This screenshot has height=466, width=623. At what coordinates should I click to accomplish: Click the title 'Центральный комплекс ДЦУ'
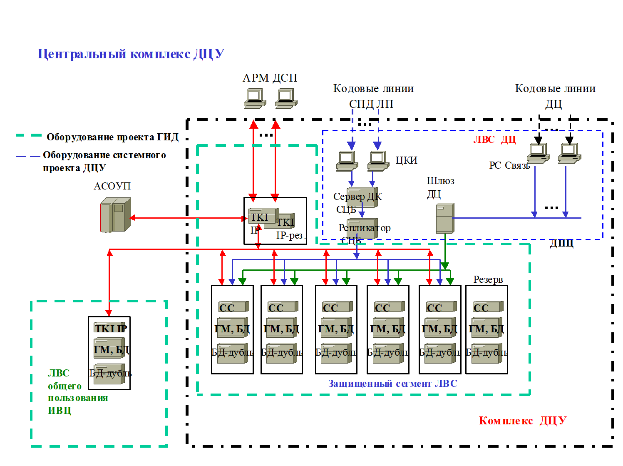click(x=131, y=54)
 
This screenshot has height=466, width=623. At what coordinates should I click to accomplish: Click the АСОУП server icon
click(x=115, y=215)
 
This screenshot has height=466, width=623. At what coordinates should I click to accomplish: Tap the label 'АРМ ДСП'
click(x=270, y=78)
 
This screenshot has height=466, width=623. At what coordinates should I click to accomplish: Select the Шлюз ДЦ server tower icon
click(x=445, y=218)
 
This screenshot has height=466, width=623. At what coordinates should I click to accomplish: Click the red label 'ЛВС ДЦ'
click(x=494, y=140)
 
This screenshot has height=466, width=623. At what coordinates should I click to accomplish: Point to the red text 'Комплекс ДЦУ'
click(x=522, y=421)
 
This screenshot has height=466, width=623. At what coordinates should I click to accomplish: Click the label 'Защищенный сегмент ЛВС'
click(x=392, y=384)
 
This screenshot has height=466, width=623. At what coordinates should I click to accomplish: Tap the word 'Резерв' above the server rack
click(x=488, y=279)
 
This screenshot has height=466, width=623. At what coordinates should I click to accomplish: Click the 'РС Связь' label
click(x=509, y=165)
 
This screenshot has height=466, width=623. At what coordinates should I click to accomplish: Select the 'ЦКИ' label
click(x=406, y=160)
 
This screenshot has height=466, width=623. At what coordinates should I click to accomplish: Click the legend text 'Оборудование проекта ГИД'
click(x=112, y=137)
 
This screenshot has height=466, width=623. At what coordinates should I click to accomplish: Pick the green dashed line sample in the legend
click(x=28, y=135)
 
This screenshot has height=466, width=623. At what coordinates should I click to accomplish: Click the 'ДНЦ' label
click(x=561, y=243)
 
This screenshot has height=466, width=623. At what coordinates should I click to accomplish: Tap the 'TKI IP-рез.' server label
click(x=290, y=229)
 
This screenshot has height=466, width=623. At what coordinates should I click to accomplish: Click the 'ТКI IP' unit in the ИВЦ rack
click(x=110, y=328)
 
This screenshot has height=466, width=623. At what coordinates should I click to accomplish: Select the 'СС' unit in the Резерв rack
click(x=486, y=307)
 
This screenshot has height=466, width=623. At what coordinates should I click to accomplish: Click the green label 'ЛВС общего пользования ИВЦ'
click(x=77, y=392)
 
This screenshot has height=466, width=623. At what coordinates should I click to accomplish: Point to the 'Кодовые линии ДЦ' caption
click(x=555, y=96)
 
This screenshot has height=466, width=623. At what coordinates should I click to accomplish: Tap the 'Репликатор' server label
click(x=364, y=228)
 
